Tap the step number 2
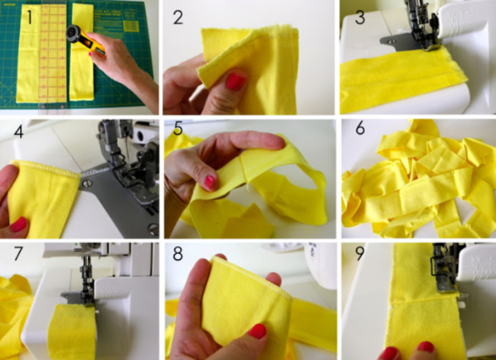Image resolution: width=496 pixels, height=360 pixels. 178,17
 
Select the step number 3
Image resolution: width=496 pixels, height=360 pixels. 360,17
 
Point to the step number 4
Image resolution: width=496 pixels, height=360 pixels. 19,131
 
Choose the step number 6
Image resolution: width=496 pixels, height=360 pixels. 360,128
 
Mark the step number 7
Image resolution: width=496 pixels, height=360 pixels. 18,253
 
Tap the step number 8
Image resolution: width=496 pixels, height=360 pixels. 178,253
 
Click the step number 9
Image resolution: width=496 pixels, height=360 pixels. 360,253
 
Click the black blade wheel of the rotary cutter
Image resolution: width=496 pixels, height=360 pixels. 74,33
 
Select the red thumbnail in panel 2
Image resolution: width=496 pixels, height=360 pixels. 236,81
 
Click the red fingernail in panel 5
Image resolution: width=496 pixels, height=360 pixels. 210,182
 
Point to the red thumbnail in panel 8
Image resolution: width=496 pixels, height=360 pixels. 257,331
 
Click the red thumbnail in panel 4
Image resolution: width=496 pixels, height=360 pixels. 19,224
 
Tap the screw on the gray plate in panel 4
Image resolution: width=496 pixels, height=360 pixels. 87,183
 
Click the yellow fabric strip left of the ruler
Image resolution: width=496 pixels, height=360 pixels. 28,53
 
